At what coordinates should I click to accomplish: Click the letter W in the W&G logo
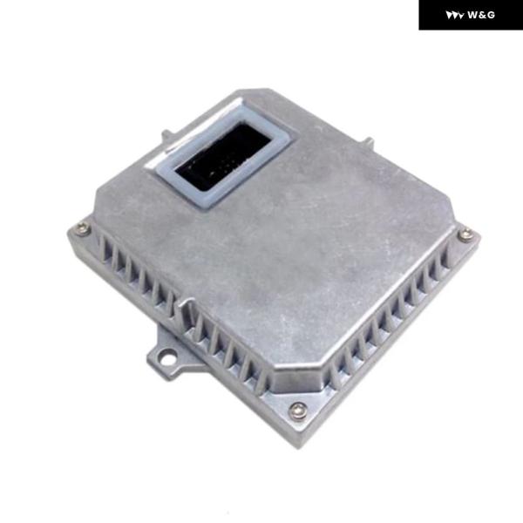coord(472,15)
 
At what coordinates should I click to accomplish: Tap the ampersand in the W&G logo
coord(482,15)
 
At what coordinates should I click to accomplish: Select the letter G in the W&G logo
coord(490,15)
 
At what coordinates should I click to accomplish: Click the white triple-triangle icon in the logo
coord(455,16)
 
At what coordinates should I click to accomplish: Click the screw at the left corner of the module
coord(82,228)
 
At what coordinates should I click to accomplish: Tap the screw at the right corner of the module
coord(465,234)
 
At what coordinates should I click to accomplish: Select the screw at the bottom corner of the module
coord(298,410)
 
